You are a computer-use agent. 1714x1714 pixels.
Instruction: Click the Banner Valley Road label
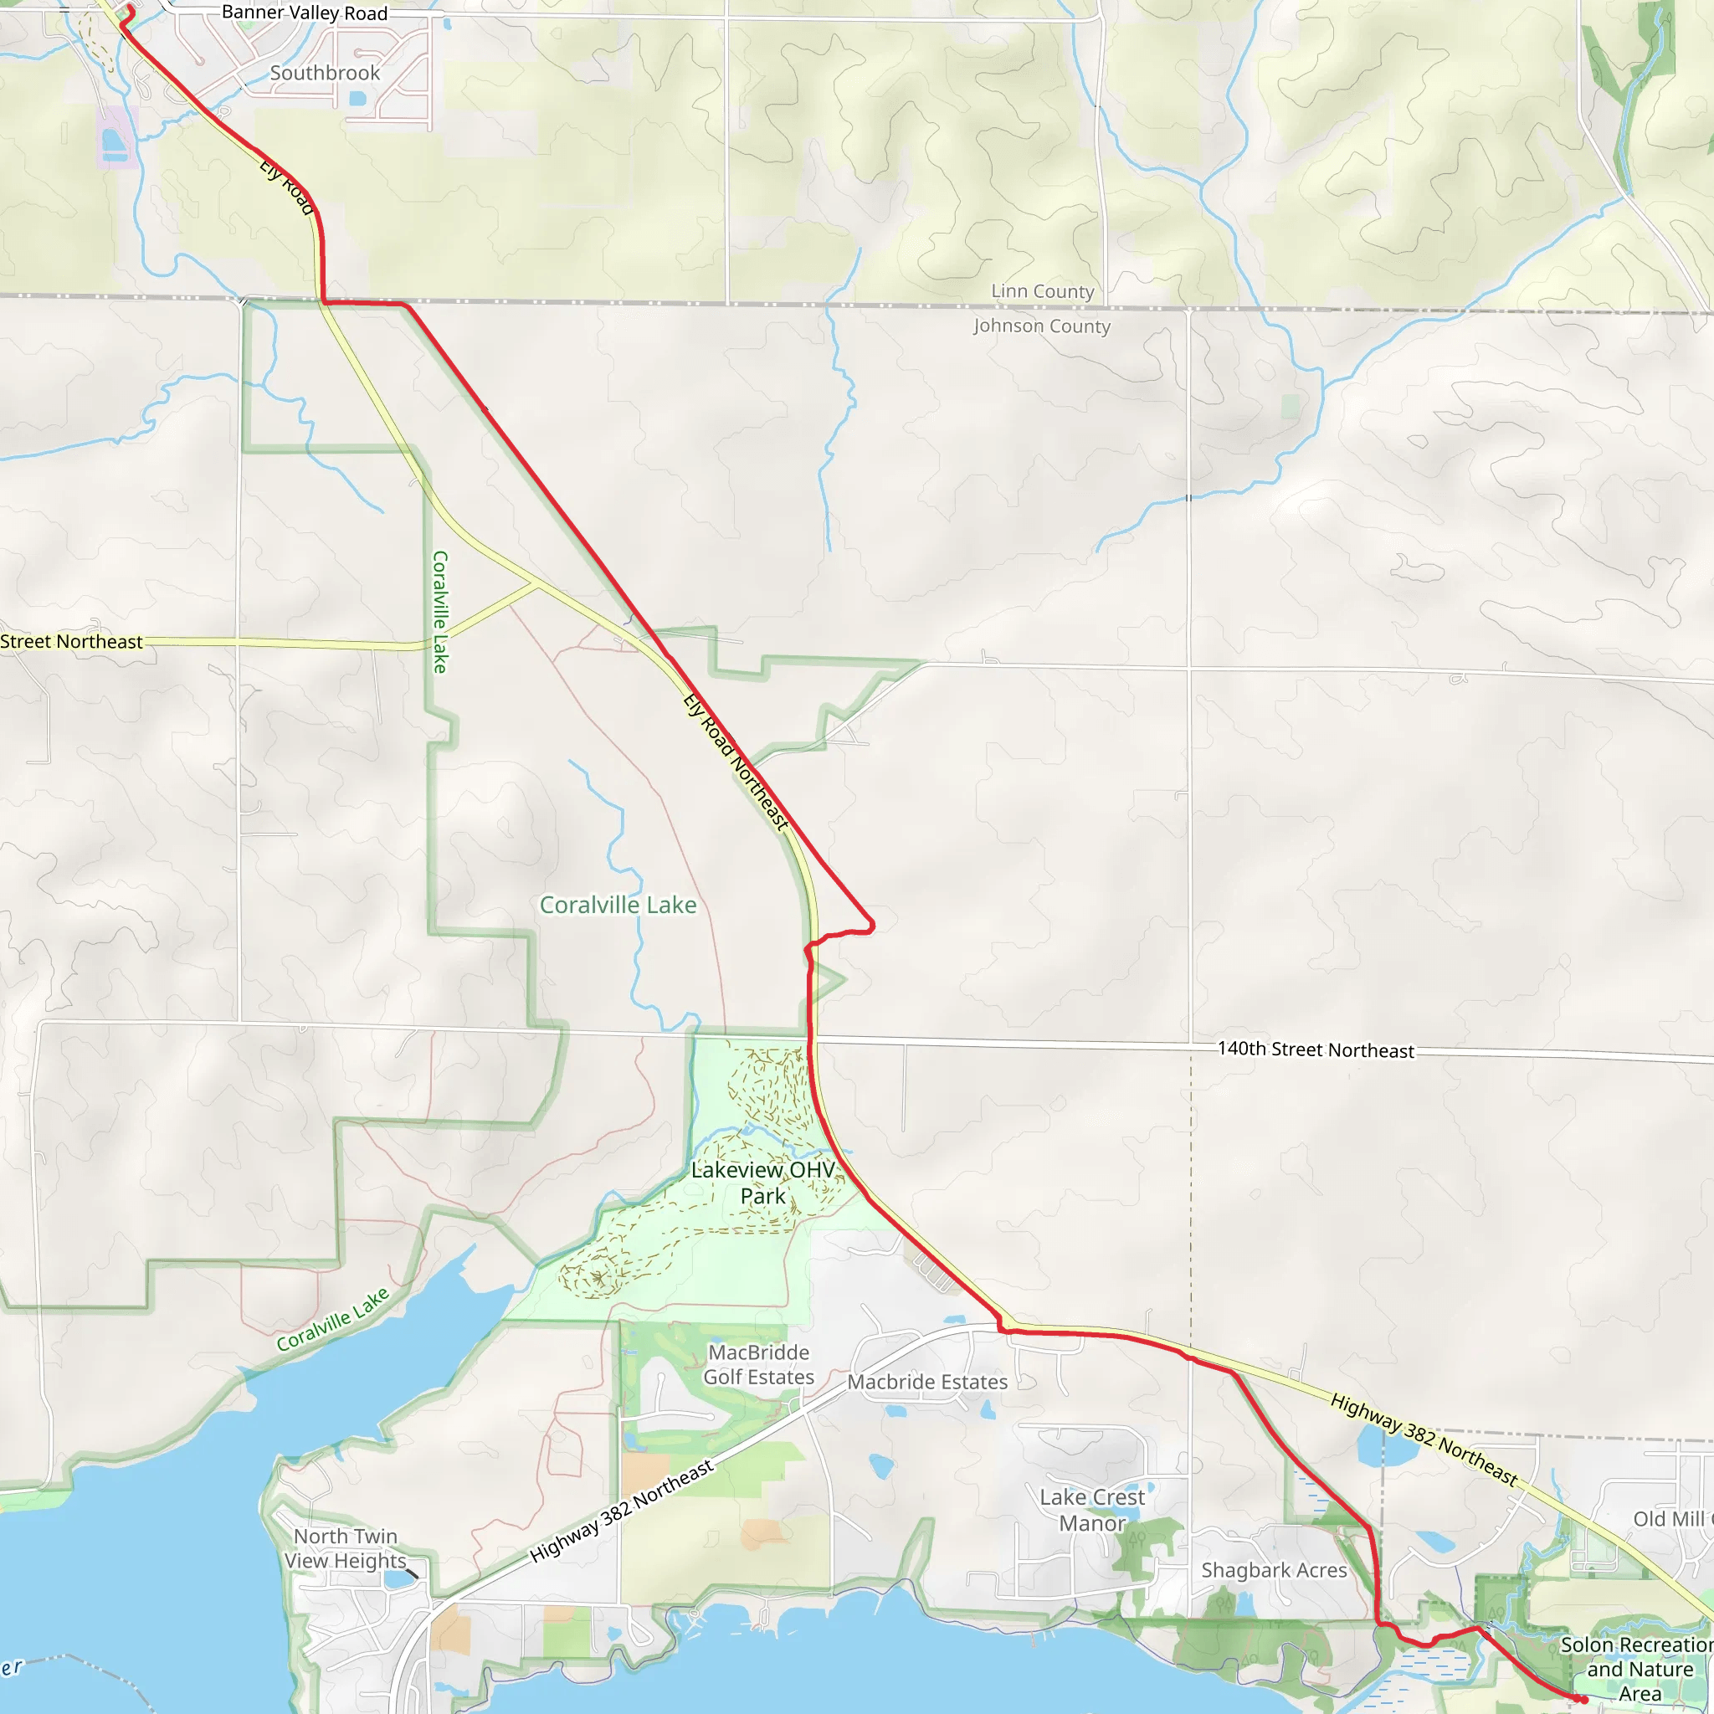coord(305,13)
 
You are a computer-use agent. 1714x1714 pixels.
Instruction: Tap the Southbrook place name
coord(325,73)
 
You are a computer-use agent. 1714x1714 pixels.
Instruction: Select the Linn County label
coord(1043,291)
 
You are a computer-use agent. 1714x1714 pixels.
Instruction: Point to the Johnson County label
coord(1041,326)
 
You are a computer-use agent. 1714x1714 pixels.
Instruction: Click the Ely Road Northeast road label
coord(736,762)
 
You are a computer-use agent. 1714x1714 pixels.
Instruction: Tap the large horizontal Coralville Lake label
coord(618,905)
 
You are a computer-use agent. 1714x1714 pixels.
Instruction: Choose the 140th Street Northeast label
coord(1316,1049)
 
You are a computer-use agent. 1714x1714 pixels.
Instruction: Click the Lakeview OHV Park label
coord(763,1183)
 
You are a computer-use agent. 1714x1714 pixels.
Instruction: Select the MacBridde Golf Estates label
coord(758,1364)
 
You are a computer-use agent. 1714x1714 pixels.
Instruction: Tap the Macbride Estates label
coord(927,1381)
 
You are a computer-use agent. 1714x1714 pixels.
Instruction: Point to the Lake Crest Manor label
coord(1092,1510)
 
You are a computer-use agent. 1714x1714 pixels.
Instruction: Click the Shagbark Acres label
coord(1274,1570)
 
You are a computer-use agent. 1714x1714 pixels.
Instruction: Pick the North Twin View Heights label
coord(345,1548)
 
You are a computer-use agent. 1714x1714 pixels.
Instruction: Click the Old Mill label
coord(1672,1519)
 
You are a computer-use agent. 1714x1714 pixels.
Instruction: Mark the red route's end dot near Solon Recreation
coord(1583,1700)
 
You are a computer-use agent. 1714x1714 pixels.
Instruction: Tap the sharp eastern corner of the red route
coord(873,925)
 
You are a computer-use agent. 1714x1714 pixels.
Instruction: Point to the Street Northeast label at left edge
coord(71,641)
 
